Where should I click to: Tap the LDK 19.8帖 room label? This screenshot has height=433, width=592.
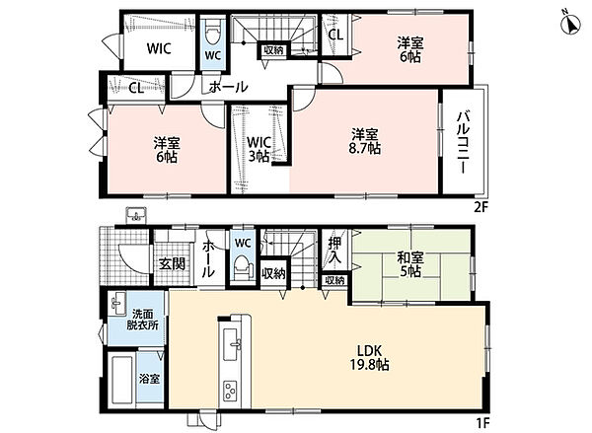370,357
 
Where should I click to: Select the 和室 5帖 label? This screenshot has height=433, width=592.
410,264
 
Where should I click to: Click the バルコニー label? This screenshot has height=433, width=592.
463,142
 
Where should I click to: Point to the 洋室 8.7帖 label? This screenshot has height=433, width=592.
364,142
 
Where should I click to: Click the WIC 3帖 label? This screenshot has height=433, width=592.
259,149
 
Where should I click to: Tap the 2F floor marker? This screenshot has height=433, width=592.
481,206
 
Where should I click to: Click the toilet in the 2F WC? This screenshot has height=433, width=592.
212,32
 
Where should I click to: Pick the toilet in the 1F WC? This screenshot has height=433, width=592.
242,267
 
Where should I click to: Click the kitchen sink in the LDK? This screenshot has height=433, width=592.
231,344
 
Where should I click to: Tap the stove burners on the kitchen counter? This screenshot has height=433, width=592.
230,391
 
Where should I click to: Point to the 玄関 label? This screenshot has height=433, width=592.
172,263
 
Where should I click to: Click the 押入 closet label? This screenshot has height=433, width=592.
334,251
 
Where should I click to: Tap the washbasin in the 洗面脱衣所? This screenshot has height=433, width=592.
118,304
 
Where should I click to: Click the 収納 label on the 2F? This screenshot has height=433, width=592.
273,50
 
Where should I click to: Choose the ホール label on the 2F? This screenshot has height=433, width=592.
228,87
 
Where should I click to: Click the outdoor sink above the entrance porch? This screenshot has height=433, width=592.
136,215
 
